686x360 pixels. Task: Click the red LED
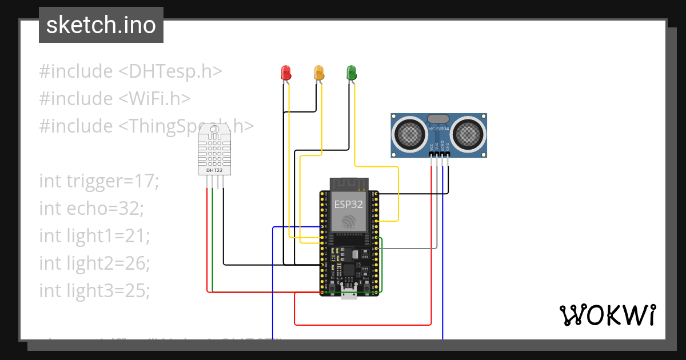286,73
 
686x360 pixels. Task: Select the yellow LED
319,73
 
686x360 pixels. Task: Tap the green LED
352,73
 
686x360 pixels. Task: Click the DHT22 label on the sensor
214,170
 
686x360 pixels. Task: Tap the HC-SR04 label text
439,129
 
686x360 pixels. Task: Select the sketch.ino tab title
101,25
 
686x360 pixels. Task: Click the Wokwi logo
607,315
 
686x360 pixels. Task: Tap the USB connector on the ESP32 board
349,293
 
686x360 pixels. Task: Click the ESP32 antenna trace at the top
349,184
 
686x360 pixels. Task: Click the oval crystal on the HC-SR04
438,118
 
